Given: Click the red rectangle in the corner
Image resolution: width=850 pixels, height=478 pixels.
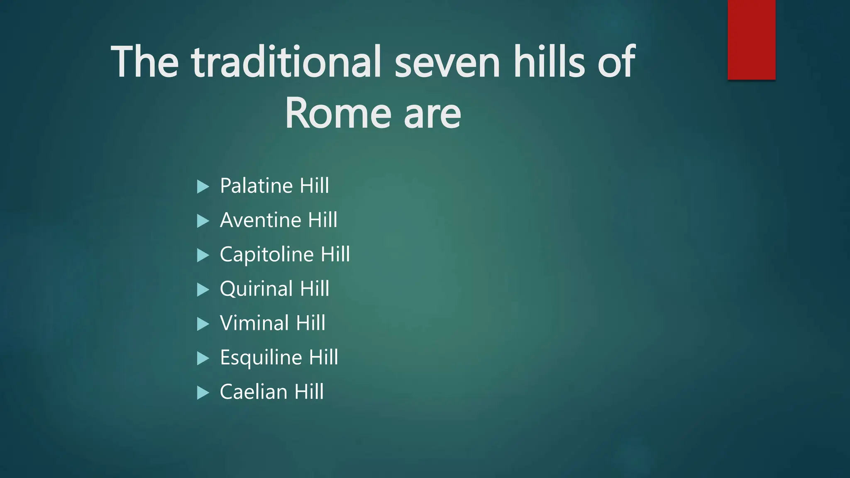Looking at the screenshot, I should pyautogui.click(x=751, y=39).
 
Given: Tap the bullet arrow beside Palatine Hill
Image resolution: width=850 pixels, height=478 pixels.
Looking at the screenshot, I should pyautogui.click(x=203, y=187).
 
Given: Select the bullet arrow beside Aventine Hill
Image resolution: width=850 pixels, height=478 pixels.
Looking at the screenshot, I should pyautogui.click(x=203, y=221).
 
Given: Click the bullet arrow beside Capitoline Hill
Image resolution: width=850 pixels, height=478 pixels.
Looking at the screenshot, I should pyautogui.click(x=203, y=256).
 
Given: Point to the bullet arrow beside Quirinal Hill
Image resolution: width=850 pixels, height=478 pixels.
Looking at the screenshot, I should pyautogui.click(x=203, y=290).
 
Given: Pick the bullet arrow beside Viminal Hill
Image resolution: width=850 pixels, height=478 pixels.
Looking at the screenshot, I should pyautogui.click(x=203, y=324).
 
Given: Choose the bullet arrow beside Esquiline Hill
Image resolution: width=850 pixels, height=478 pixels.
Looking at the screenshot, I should pyautogui.click(x=203, y=358).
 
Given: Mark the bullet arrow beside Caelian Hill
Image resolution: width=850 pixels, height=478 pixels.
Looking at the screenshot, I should pyautogui.click(x=203, y=393).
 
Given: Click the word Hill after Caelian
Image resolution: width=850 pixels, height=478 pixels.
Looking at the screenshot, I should pyautogui.click(x=309, y=392).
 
